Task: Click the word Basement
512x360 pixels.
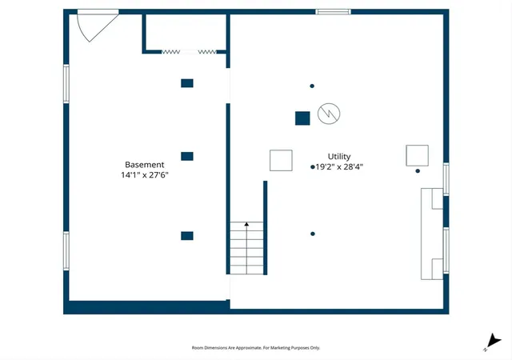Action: tap(144, 165)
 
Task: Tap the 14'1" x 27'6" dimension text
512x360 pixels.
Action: tap(145, 175)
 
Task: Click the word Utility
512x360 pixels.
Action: tap(339, 157)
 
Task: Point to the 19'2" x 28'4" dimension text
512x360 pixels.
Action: tap(339, 167)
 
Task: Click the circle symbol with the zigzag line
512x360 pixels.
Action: tap(329, 114)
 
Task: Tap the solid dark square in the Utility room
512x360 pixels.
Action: tap(302, 118)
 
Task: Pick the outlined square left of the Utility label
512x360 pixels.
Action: tap(281, 160)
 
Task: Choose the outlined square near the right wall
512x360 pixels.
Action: tap(417, 155)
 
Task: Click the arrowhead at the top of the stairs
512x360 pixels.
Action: tap(246, 224)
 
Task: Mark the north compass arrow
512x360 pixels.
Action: tap(493, 342)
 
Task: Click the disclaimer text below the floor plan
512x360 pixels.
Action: tap(256, 348)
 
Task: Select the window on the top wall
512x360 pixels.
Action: tap(333, 12)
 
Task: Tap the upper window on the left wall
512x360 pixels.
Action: tap(66, 84)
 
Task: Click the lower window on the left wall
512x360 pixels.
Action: tap(66, 251)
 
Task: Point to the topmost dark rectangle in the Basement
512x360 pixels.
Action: tap(187, 83)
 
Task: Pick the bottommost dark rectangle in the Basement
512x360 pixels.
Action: tap(187, 236)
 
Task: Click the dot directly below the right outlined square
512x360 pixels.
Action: tap(418, 171)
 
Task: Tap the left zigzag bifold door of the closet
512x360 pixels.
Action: tap(170, 52)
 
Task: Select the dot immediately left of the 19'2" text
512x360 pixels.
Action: tap(313, 167)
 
